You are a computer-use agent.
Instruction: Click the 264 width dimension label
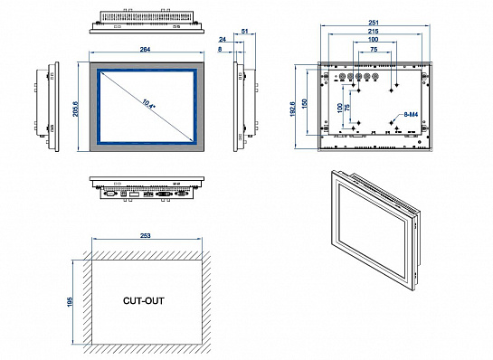pos(145,50)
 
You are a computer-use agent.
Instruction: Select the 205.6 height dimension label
pos(76,109)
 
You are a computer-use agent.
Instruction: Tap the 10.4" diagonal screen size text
pos(148,104)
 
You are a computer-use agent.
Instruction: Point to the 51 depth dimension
pos(244,31)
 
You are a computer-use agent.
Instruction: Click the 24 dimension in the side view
pos(223,40)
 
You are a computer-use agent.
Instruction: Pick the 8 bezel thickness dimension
pos(220,50)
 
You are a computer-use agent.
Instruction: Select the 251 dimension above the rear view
pos(374,23)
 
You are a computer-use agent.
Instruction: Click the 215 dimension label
pos(374,31)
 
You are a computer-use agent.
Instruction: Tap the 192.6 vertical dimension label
pos(293,109)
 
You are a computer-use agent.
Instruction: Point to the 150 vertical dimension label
pos(304,104)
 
